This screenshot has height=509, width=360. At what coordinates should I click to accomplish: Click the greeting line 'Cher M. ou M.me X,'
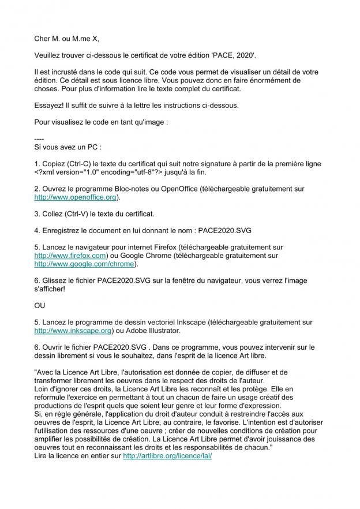(67, 39)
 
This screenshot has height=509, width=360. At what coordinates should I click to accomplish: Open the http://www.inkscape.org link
(73, 331)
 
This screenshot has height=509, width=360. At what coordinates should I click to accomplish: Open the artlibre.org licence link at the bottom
(168, 455)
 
